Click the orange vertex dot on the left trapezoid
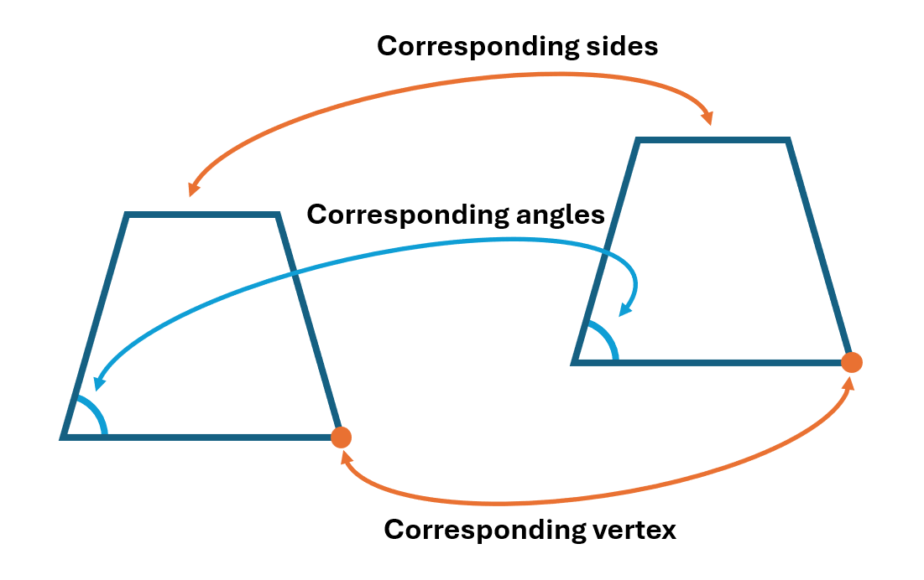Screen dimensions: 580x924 coord(341,437)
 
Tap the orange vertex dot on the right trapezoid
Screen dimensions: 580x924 coord(852,362)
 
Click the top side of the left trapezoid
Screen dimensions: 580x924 coord(201,215)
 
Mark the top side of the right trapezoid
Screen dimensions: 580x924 coord(713,140)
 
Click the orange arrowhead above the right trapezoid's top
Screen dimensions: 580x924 coord(707,118)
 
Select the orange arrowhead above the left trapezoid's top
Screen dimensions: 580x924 coord(194,188)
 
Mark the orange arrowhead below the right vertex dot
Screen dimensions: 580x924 coord(849,384)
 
